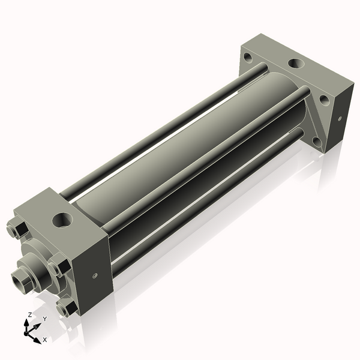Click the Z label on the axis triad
tap(30, 314)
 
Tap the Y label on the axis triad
tap(44, 319)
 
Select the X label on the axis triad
tap(45, 340)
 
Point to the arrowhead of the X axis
tap(37, 337)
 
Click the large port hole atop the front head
tap(62, 218)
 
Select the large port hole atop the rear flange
tap(295, 62)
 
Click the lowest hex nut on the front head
tap(66, 308)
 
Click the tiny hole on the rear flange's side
tap(340, 119)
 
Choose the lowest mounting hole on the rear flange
tap(316, 142)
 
